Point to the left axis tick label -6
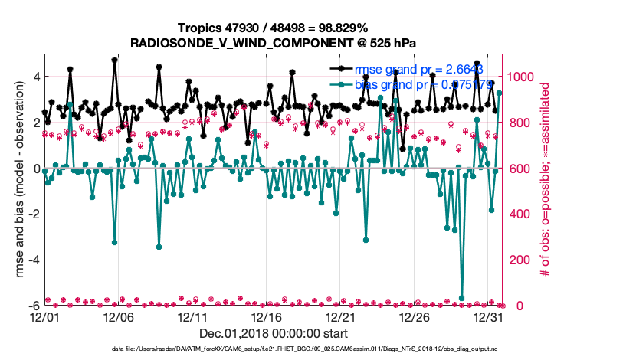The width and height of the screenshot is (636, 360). (33, 306)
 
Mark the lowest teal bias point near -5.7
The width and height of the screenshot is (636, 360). (462, 298)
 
